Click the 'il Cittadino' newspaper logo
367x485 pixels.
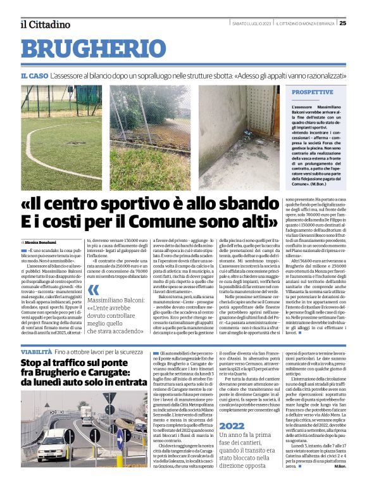(44, 24)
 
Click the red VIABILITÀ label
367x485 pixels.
(35, 351)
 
